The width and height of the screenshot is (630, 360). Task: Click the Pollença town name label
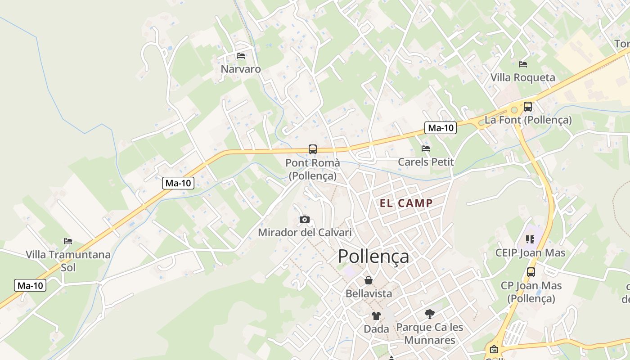(x=373, y=256)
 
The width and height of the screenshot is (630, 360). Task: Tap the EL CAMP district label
(x=406, y=203)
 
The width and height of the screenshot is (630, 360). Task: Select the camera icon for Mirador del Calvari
(x=305, y=219)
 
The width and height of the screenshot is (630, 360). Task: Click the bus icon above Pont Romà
(x=312, y=149)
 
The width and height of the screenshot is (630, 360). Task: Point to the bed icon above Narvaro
(x=241, y=56)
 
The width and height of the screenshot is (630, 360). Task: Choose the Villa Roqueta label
(x=522, y=77)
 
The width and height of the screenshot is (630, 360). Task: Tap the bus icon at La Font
(x=528, y=107)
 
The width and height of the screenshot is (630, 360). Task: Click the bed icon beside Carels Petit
(x=426, y=148)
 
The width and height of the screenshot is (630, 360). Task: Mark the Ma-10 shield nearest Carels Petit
(x=441, y=128)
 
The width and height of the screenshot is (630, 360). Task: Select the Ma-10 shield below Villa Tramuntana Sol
(x=30, y=285)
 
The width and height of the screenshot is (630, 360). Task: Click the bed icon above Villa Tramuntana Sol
(x=68, y=241)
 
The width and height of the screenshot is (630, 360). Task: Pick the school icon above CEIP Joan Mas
(x=530, y=239)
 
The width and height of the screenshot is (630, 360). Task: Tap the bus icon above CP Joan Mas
(x=531, y=272)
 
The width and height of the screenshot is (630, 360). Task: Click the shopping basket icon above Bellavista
(x=369, y=280)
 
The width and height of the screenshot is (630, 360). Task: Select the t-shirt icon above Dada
(x=376, y=315)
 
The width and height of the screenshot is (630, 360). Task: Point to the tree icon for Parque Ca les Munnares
(x=430, y=314)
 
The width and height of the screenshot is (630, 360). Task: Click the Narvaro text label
(x=241, y=69)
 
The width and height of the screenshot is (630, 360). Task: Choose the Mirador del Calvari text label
(x=305, y=233)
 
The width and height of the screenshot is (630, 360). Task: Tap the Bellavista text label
(x=369, y=293)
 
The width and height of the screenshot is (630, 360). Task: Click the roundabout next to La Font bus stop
(x=514, y=109)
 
